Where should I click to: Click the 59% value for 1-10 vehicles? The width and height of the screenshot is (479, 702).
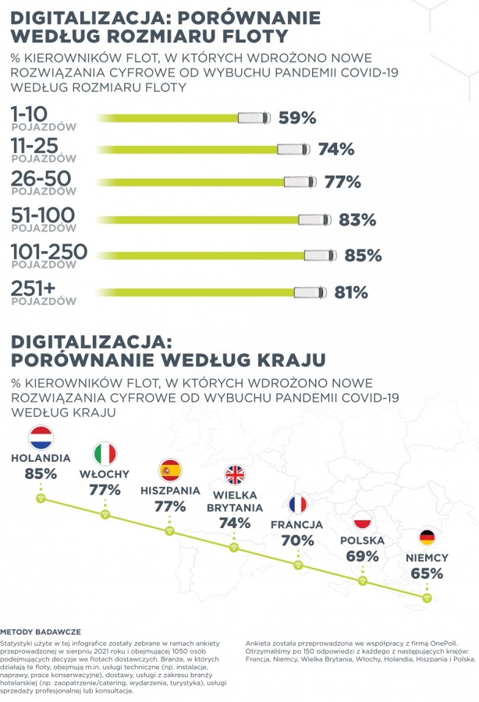tap(297, 118)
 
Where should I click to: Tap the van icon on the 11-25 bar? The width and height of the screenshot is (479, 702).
tap(293, 149)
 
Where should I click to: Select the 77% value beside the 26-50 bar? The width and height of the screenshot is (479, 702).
tap(342, 183)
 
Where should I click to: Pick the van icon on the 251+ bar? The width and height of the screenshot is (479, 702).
tap(309, 292)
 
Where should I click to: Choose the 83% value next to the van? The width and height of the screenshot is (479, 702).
tap(358, 220)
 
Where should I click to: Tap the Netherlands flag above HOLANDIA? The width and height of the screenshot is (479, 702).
tap(40, 438)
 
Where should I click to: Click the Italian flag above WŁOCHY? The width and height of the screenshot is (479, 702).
tap(105, 453)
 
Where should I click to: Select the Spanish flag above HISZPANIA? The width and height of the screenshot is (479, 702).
tap(169, 470)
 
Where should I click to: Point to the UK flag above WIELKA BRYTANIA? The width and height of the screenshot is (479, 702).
tap(234, 476)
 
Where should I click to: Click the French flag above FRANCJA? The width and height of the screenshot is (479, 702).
tap(297, 505)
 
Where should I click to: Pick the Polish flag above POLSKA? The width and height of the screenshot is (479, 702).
tap(363, 521)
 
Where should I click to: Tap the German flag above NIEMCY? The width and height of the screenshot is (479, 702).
tap(427, 537)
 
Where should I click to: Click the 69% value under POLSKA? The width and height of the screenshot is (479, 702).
tap(363, 556)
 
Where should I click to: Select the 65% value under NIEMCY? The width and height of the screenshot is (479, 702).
tap(427, 573)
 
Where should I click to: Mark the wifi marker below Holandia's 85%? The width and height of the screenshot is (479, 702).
tap(41, 498)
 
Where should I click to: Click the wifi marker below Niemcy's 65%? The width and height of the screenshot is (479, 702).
tap(426, 598)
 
